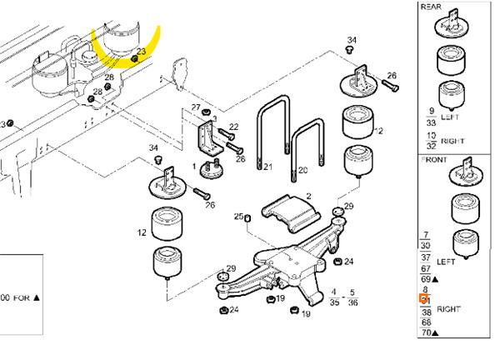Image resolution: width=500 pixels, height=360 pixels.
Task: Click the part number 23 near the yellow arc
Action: [141, 52]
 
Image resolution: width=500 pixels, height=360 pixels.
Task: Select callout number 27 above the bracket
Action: [197, 107]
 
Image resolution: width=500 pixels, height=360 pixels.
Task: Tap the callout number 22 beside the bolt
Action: [233, 127]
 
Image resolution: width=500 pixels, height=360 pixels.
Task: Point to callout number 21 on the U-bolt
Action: [267, 167]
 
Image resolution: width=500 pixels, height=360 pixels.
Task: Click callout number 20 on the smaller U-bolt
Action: [302, 170]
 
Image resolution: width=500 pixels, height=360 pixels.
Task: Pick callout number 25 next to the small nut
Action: [238, 217]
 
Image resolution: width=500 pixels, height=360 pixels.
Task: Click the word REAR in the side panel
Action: [432, 6]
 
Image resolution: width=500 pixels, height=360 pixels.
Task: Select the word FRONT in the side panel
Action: [435, 159]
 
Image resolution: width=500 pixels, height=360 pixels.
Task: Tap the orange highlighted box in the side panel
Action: [423, 298]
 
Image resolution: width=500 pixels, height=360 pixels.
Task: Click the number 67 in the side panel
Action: [427, 268]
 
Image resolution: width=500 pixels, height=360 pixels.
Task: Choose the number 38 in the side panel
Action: [427, 312]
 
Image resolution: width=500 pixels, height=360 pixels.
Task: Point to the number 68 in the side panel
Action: [427, 322]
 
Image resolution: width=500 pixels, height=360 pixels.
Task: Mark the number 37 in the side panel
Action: [427, 258]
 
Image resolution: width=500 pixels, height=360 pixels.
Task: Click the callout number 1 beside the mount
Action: [194, 166]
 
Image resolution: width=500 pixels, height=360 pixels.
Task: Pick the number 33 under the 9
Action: [431, 121]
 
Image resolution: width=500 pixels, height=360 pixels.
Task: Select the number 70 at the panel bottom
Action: [425, 332]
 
